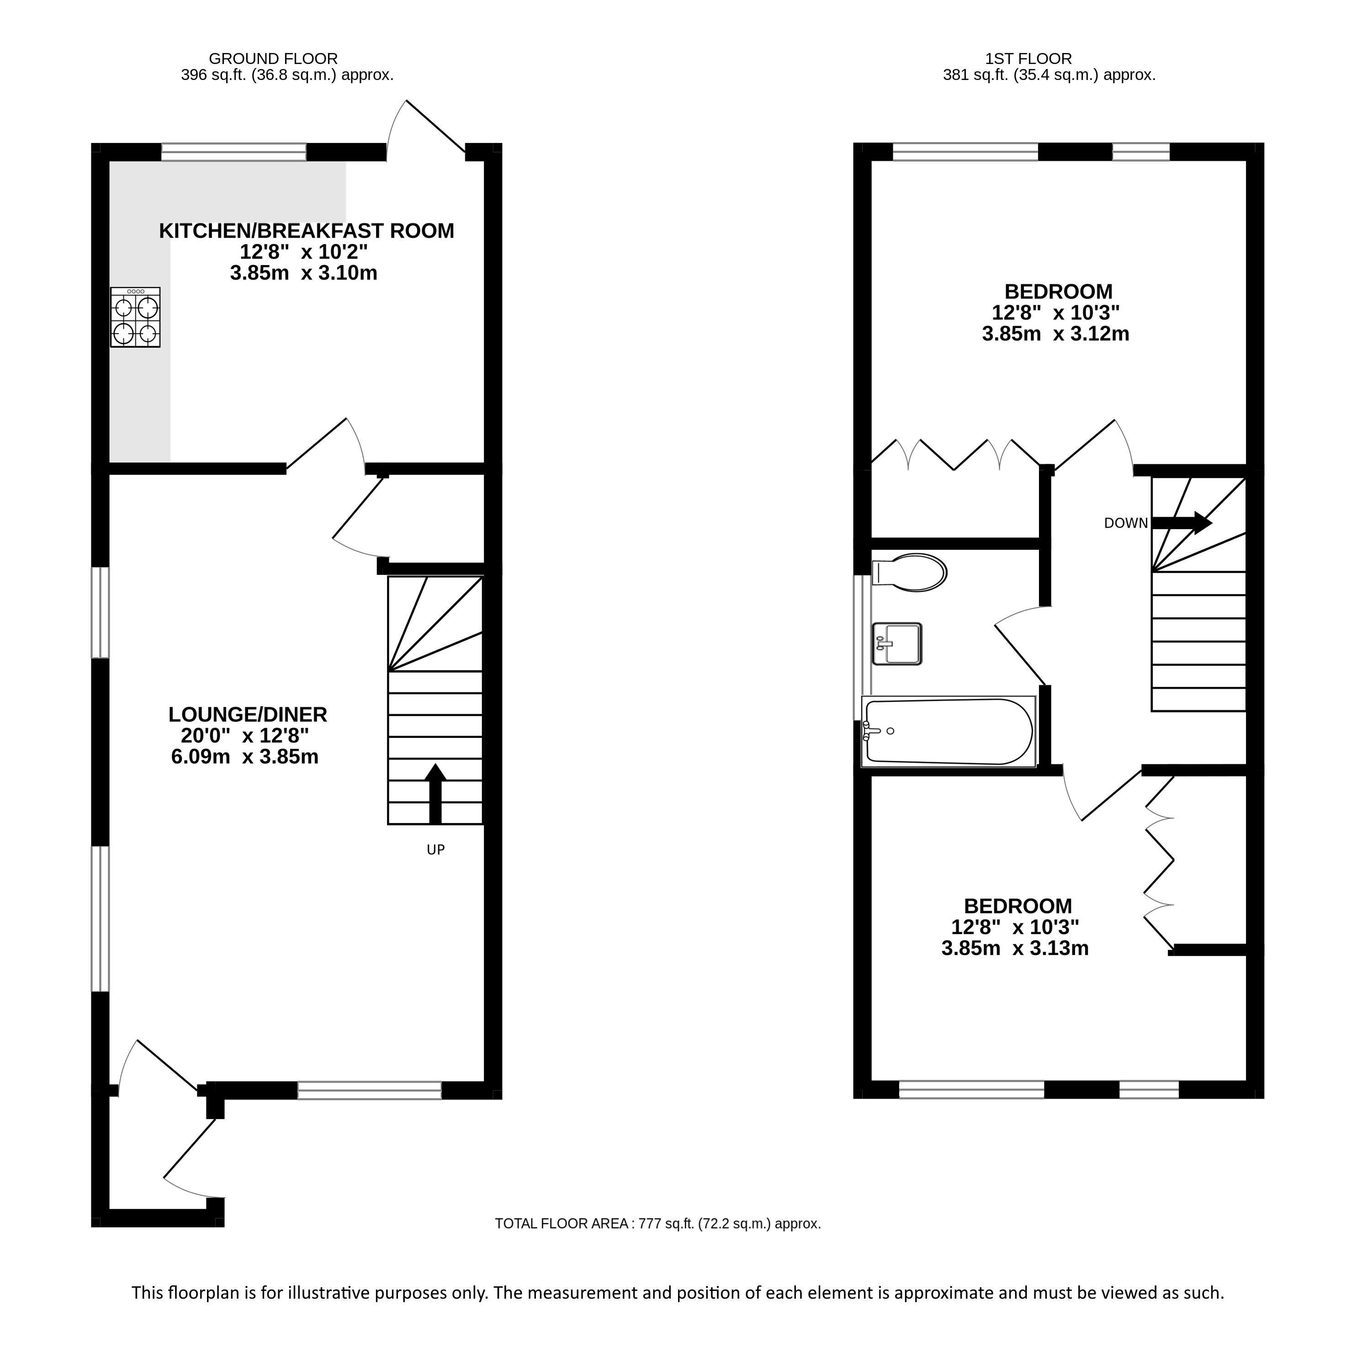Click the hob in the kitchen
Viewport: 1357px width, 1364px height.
tap(136, 317)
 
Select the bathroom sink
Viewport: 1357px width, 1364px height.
tap(897, 644)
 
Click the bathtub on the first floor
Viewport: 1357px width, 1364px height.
tap(948, 732)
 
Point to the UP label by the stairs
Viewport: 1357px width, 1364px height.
tap(435, 850)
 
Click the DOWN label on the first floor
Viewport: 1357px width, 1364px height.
tap(1126, 523)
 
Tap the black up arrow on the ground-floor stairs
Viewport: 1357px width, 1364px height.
tap(435, 794)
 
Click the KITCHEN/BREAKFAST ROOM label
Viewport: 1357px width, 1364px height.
tap(307, 231)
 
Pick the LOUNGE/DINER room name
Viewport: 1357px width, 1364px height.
tap(248, 715)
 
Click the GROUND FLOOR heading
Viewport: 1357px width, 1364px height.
tap(273, 58)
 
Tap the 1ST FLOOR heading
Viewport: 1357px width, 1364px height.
tap(1028, 58)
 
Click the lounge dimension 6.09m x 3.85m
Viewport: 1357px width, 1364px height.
tap(245, 757)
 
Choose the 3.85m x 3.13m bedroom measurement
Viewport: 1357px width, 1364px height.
tap(1015, 948)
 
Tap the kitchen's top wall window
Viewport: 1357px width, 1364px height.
tap(233, 152)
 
